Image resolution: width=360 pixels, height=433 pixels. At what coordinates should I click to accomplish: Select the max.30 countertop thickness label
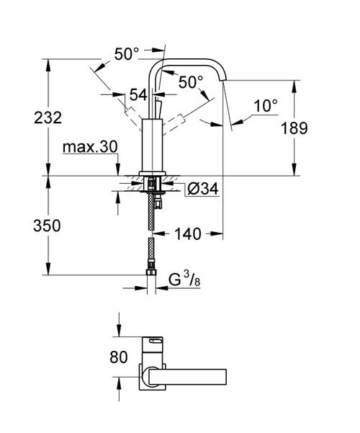click(x=90, y=147)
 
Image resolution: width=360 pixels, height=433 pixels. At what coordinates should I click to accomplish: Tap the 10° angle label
click(x=265, y=105)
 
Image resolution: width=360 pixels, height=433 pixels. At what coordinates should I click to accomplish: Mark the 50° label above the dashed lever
click(x=127, y=53)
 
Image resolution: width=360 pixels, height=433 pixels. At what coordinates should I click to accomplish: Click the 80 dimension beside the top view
click(x=120, y=355)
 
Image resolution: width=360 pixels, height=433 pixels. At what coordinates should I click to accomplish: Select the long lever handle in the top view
click(x=194, y=375)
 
